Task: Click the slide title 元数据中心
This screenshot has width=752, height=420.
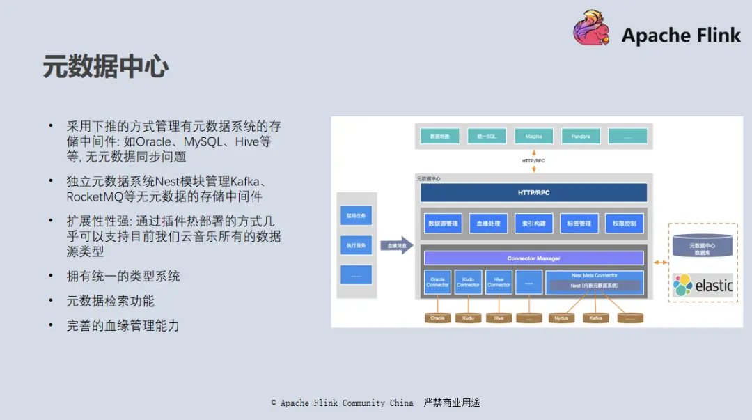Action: tap(105, 67)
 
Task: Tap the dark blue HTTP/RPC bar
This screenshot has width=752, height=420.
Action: tap(533, 192)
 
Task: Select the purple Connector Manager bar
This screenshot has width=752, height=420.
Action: tap(533, 258)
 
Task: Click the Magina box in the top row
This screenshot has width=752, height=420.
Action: tap(533, 136)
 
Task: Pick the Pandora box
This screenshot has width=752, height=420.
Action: tap(581, 136)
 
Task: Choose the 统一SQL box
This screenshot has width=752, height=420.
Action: tap(487, 136)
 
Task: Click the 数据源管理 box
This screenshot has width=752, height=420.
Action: tap(444, 224)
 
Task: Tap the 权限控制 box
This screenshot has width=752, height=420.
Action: tap(624, 224)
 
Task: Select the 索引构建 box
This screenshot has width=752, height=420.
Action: tap(534, 224)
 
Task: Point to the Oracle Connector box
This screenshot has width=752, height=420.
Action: tap(438, 282)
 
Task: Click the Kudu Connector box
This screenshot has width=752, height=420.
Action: tap(468, 282)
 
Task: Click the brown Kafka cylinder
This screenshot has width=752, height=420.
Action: tap(595, 318)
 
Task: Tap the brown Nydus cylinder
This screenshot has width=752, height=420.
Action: tap(562, 318)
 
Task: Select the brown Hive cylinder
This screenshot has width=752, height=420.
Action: tap(499, 318)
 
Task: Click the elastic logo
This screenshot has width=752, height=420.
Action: tap(703, 285)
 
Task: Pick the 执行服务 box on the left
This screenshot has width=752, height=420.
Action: tap(356, 245)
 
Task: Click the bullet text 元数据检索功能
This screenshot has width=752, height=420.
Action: tap(110, 301)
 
